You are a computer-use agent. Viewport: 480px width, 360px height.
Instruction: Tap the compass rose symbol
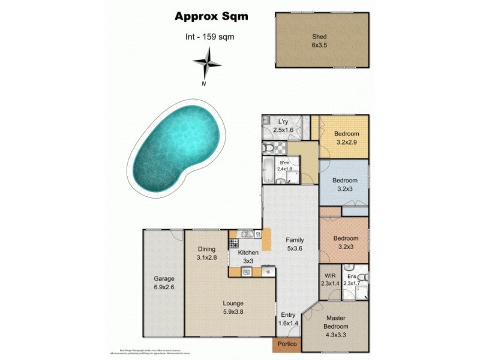click(206, 62)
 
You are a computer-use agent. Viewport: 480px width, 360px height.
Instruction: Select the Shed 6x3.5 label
click(322, 40)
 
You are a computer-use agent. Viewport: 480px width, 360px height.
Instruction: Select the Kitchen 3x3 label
click(248, 257)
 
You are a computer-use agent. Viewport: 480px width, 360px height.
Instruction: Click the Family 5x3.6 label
click(295, 243)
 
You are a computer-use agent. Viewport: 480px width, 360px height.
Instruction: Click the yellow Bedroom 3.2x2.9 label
click(346, 137)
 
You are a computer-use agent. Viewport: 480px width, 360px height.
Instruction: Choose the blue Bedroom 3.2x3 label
click(345, 184)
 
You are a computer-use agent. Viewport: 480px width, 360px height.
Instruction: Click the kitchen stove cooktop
click(233, 244)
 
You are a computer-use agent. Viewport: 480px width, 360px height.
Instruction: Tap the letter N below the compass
click(204, 83)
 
